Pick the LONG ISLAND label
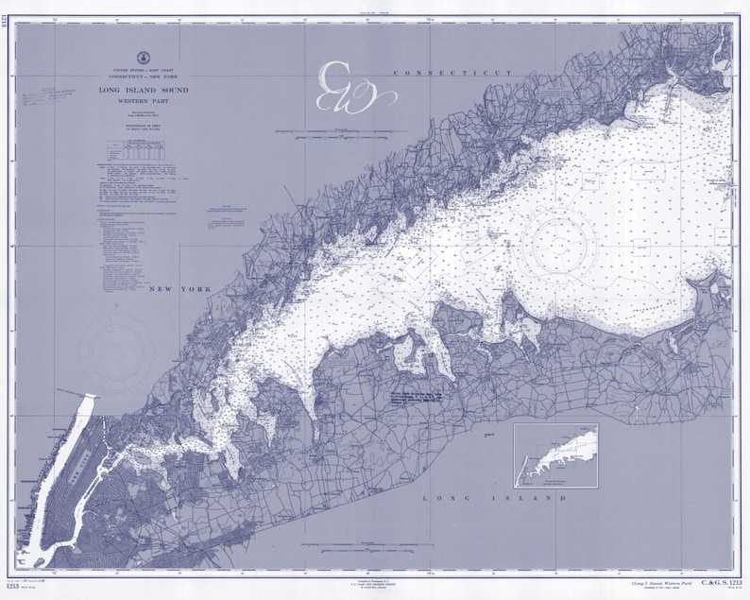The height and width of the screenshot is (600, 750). pyautogui.click(x=494, y=497)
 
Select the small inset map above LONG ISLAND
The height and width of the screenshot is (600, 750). pyautogui.click(x=555, y=454)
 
